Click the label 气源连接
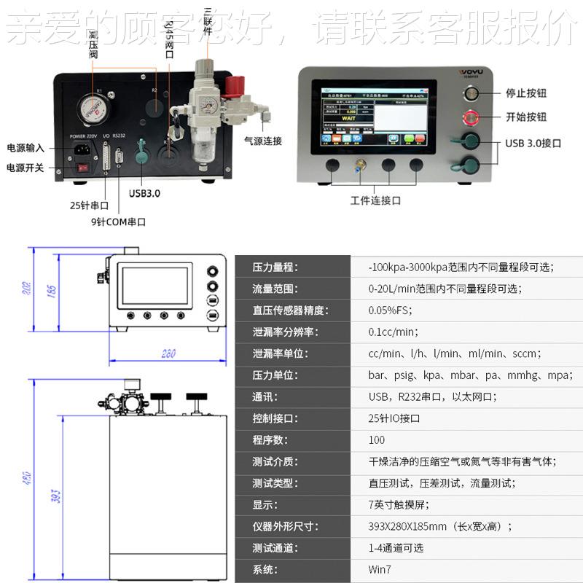click(263, 141)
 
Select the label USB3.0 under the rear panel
click(144, 193)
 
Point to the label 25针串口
click(89, 206)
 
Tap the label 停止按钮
click(526, 93)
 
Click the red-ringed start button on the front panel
click(471, 117)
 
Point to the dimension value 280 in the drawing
click(168, 354)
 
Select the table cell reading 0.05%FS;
click(391, 310)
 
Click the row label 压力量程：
click(275, 267)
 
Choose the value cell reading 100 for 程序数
click(377, 440)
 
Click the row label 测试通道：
click(275, 548)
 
